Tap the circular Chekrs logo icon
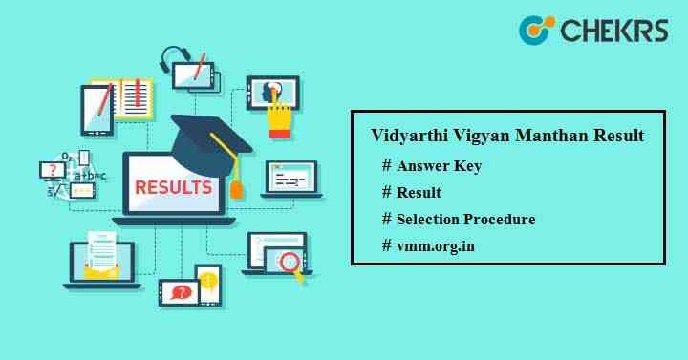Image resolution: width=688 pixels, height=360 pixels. click(x=536, y=30)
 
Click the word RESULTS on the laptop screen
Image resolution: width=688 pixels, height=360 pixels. click(x=174, y=186)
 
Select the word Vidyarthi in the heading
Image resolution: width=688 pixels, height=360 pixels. click(x=404, y=137)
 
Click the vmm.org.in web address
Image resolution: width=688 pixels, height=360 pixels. click(x=437, y=245)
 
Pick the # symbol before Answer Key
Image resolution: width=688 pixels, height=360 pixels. click(x=387, y=165)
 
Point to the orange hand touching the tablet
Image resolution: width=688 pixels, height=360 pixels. click(x=279, y=119)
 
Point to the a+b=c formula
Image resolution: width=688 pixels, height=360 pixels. click(x=89, y=175)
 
